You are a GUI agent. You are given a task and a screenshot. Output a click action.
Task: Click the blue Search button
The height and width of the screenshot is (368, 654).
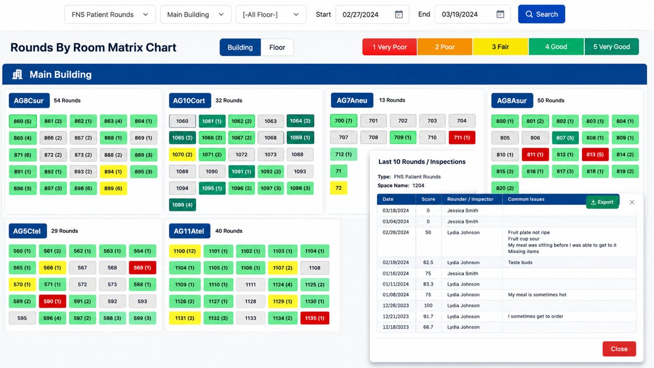[x=541, y=14]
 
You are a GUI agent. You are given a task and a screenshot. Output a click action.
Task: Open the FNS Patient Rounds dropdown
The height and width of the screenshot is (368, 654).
[x=110, y=14]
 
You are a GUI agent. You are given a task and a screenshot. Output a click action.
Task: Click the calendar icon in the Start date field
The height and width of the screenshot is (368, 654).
[x=398, y=14]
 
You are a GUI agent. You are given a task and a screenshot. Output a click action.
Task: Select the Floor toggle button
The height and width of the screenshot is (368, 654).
[x=277, y=47]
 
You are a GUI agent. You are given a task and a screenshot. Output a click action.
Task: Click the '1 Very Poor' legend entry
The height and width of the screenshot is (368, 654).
[x=390, y=47]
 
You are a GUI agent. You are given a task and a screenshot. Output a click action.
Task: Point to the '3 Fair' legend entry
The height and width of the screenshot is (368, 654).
[x=500, y=47]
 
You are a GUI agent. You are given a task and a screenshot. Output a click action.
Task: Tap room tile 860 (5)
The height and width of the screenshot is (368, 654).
[x=23, y=121]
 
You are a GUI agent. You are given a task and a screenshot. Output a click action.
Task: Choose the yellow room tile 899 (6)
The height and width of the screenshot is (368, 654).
[x=113, y=189]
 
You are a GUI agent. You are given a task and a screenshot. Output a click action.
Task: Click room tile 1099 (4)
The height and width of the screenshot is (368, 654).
[x=182, y=205]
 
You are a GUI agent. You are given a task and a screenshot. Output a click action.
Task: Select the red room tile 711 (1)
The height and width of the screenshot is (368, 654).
[x=462, y=137]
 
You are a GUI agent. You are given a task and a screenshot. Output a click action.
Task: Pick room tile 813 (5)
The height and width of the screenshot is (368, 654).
[x=595, y=154]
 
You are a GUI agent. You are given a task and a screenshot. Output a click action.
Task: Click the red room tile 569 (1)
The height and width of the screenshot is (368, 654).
[x=142, y=268]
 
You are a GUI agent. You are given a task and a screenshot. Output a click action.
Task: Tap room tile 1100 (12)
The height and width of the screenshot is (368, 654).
[x=185, y=251]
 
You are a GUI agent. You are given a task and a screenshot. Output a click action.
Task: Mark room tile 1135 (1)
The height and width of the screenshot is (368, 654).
[x=315, y=318]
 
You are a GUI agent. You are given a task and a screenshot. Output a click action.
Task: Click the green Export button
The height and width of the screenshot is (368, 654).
[x=602, y=202]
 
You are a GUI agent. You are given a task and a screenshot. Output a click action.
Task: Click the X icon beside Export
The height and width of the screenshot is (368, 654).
[x=632, y=202]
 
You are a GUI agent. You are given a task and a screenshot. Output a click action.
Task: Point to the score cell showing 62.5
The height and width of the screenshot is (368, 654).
[x=428, y=262]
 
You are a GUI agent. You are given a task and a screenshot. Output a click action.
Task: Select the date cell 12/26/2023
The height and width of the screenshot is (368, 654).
[x=396, y=305]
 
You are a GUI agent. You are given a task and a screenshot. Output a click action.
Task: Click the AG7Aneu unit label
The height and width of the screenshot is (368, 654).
[x=352, y=100]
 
